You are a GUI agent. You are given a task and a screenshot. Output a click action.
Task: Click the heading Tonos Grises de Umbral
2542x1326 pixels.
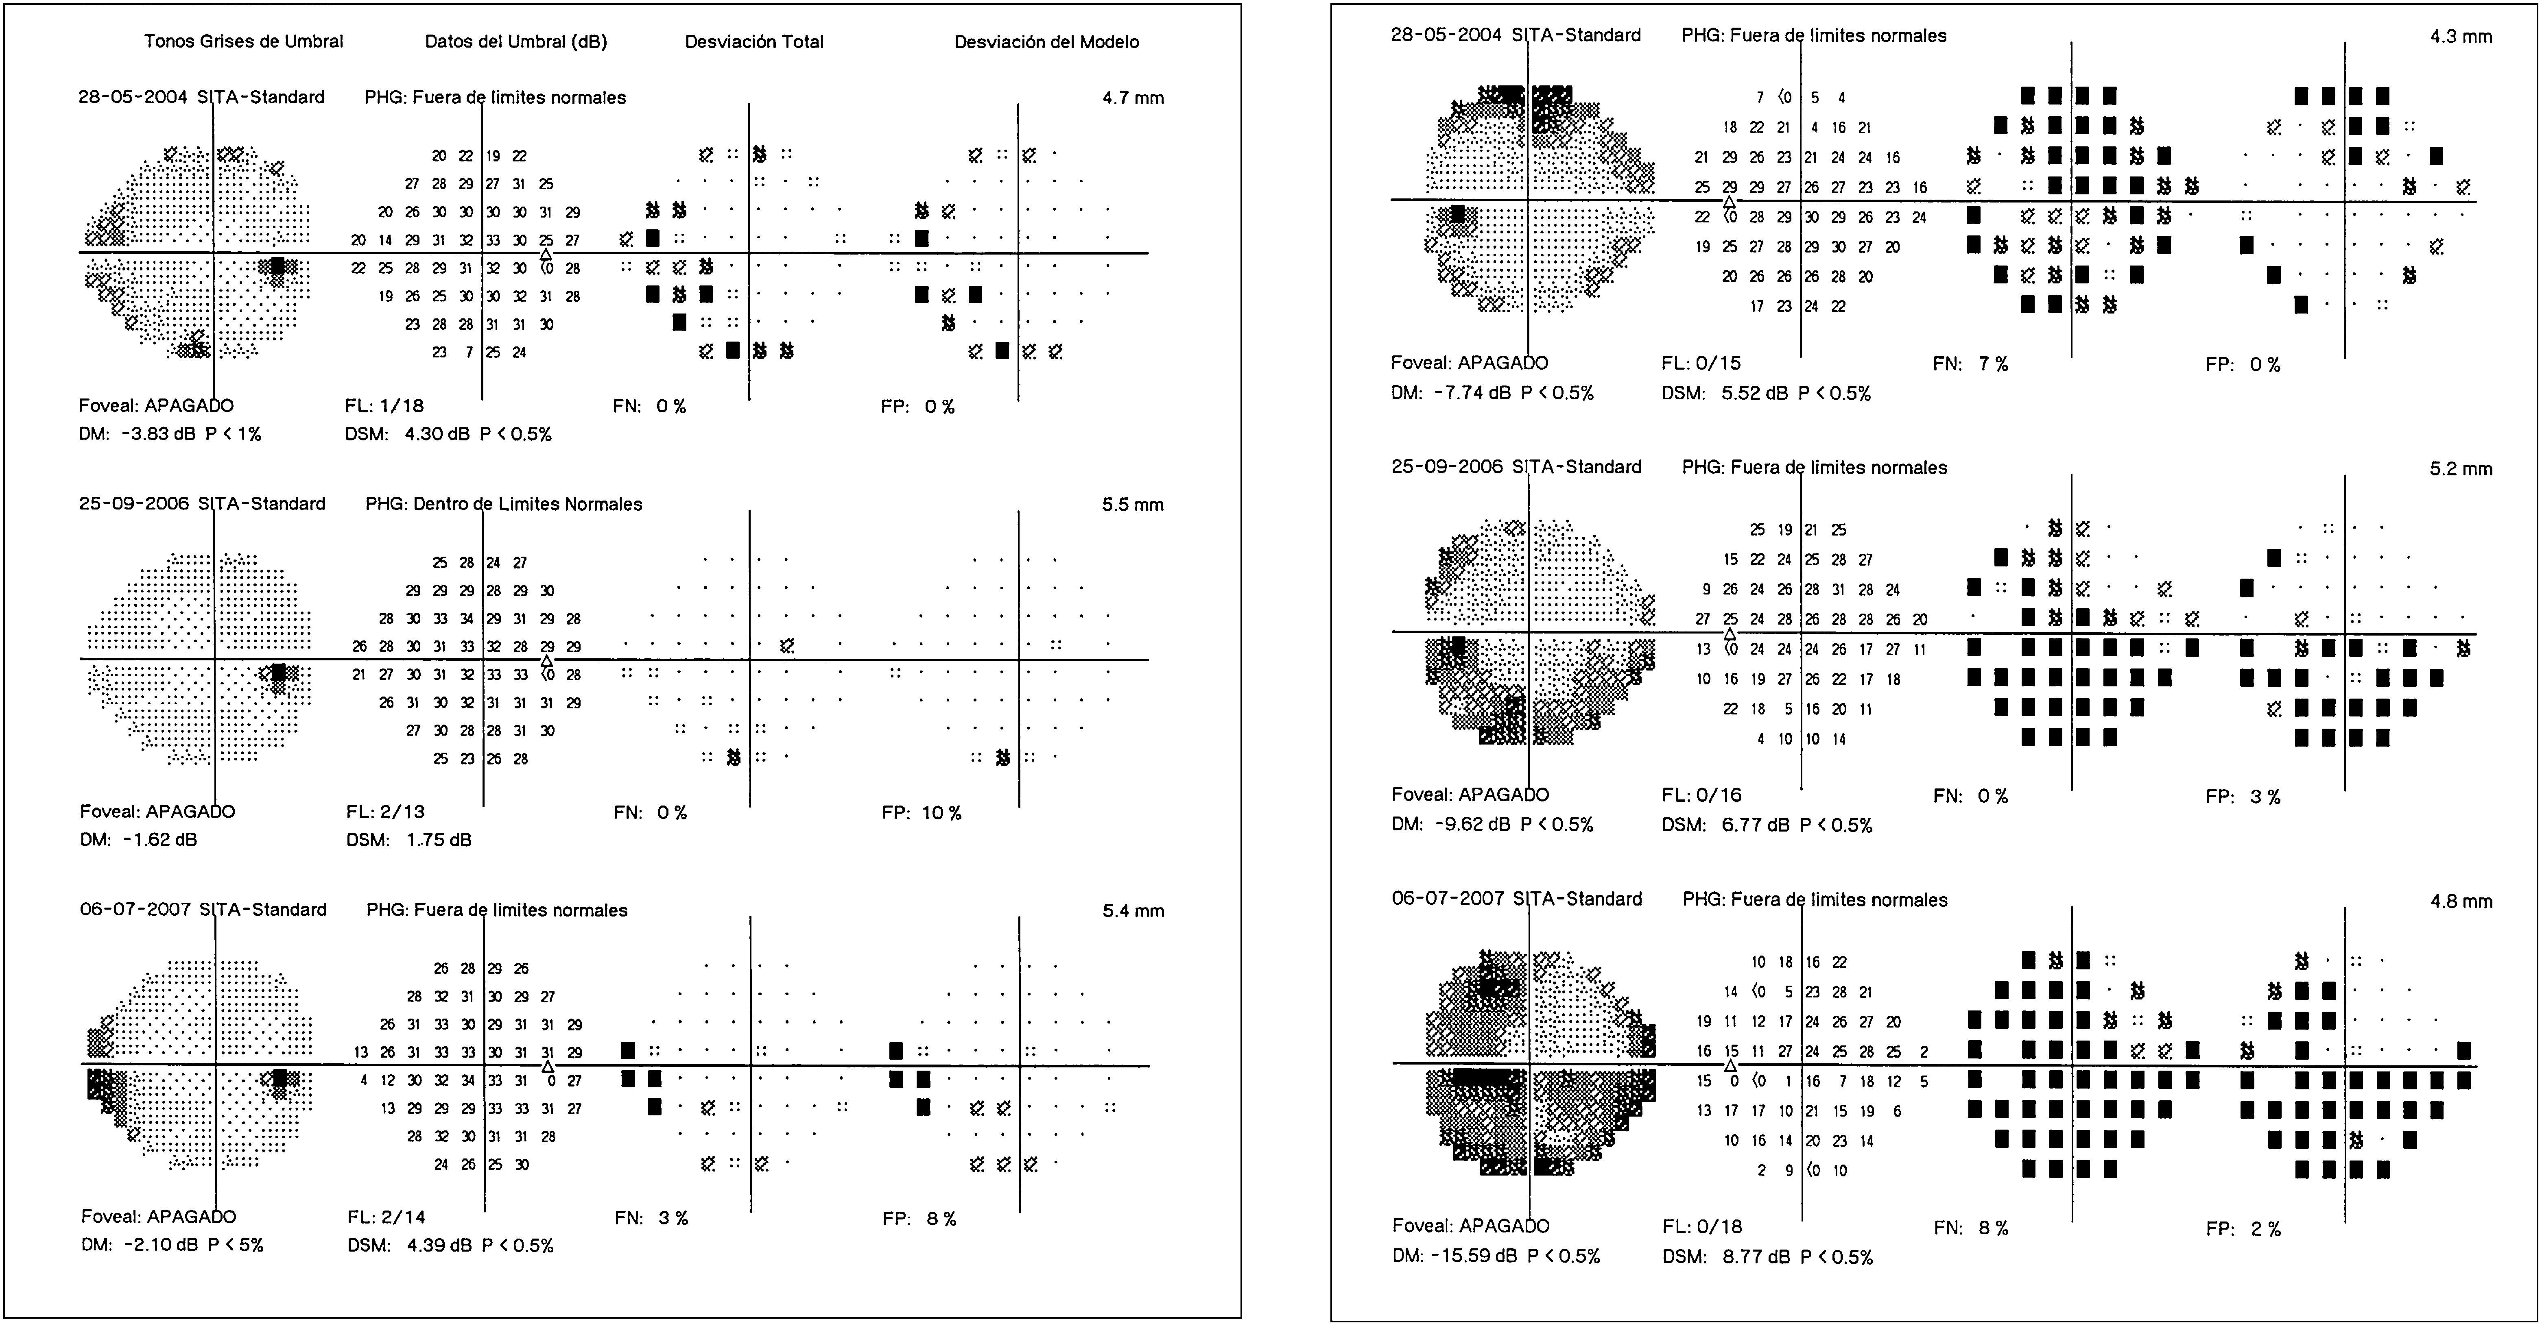point(244,41)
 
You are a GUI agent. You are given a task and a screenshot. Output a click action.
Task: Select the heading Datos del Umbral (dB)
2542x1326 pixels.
point(516,41)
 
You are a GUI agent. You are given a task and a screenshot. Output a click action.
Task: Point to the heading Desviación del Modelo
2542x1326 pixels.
point(1046,41)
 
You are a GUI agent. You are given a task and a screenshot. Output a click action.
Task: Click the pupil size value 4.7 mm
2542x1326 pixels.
point(1133,98)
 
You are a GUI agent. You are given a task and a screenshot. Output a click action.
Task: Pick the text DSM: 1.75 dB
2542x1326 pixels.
point(408,840)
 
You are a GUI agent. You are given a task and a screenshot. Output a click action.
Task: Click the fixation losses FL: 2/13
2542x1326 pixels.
point(385,812)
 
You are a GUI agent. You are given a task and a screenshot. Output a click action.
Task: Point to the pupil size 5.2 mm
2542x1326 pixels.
point(2460,469)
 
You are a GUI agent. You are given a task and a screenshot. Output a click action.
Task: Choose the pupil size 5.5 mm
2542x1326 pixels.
point(1133,504)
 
